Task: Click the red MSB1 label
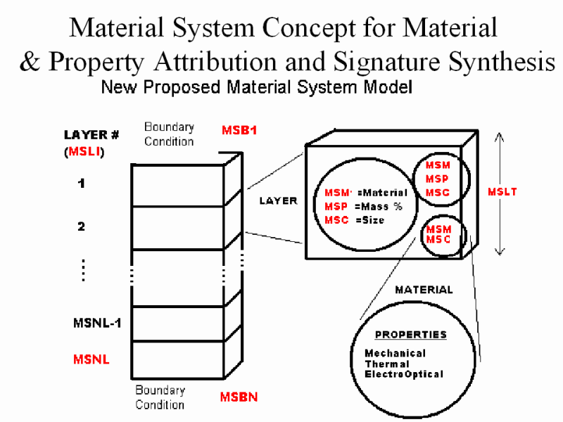click(239, 130)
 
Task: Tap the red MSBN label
click(239, 397)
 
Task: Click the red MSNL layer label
click(91, 359)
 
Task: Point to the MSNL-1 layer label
click(97, 324)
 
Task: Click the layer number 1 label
click(82, 184)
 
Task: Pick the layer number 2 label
click(82, 226)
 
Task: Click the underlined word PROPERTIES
click(410, 334)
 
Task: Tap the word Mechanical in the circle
click(395, 353)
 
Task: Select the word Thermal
click(386, 364)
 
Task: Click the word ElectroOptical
click(404, 374)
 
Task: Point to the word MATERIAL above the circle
click(424, 289)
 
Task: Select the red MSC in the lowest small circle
click(438, 240)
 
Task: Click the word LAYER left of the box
click(278, 200)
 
